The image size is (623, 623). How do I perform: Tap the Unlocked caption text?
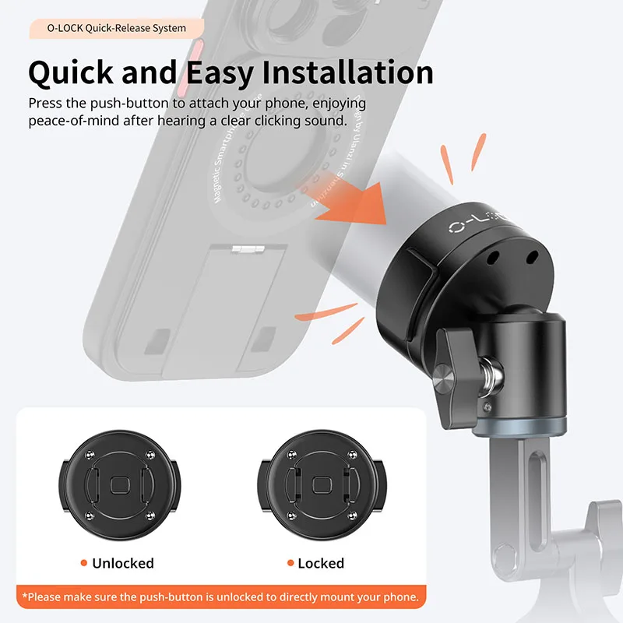[x=123, y=563]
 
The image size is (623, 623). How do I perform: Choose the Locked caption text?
[x=321, y=563]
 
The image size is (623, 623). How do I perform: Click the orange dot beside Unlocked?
[x=83, y=563]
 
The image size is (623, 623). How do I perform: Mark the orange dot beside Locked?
[x=289, y=563]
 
